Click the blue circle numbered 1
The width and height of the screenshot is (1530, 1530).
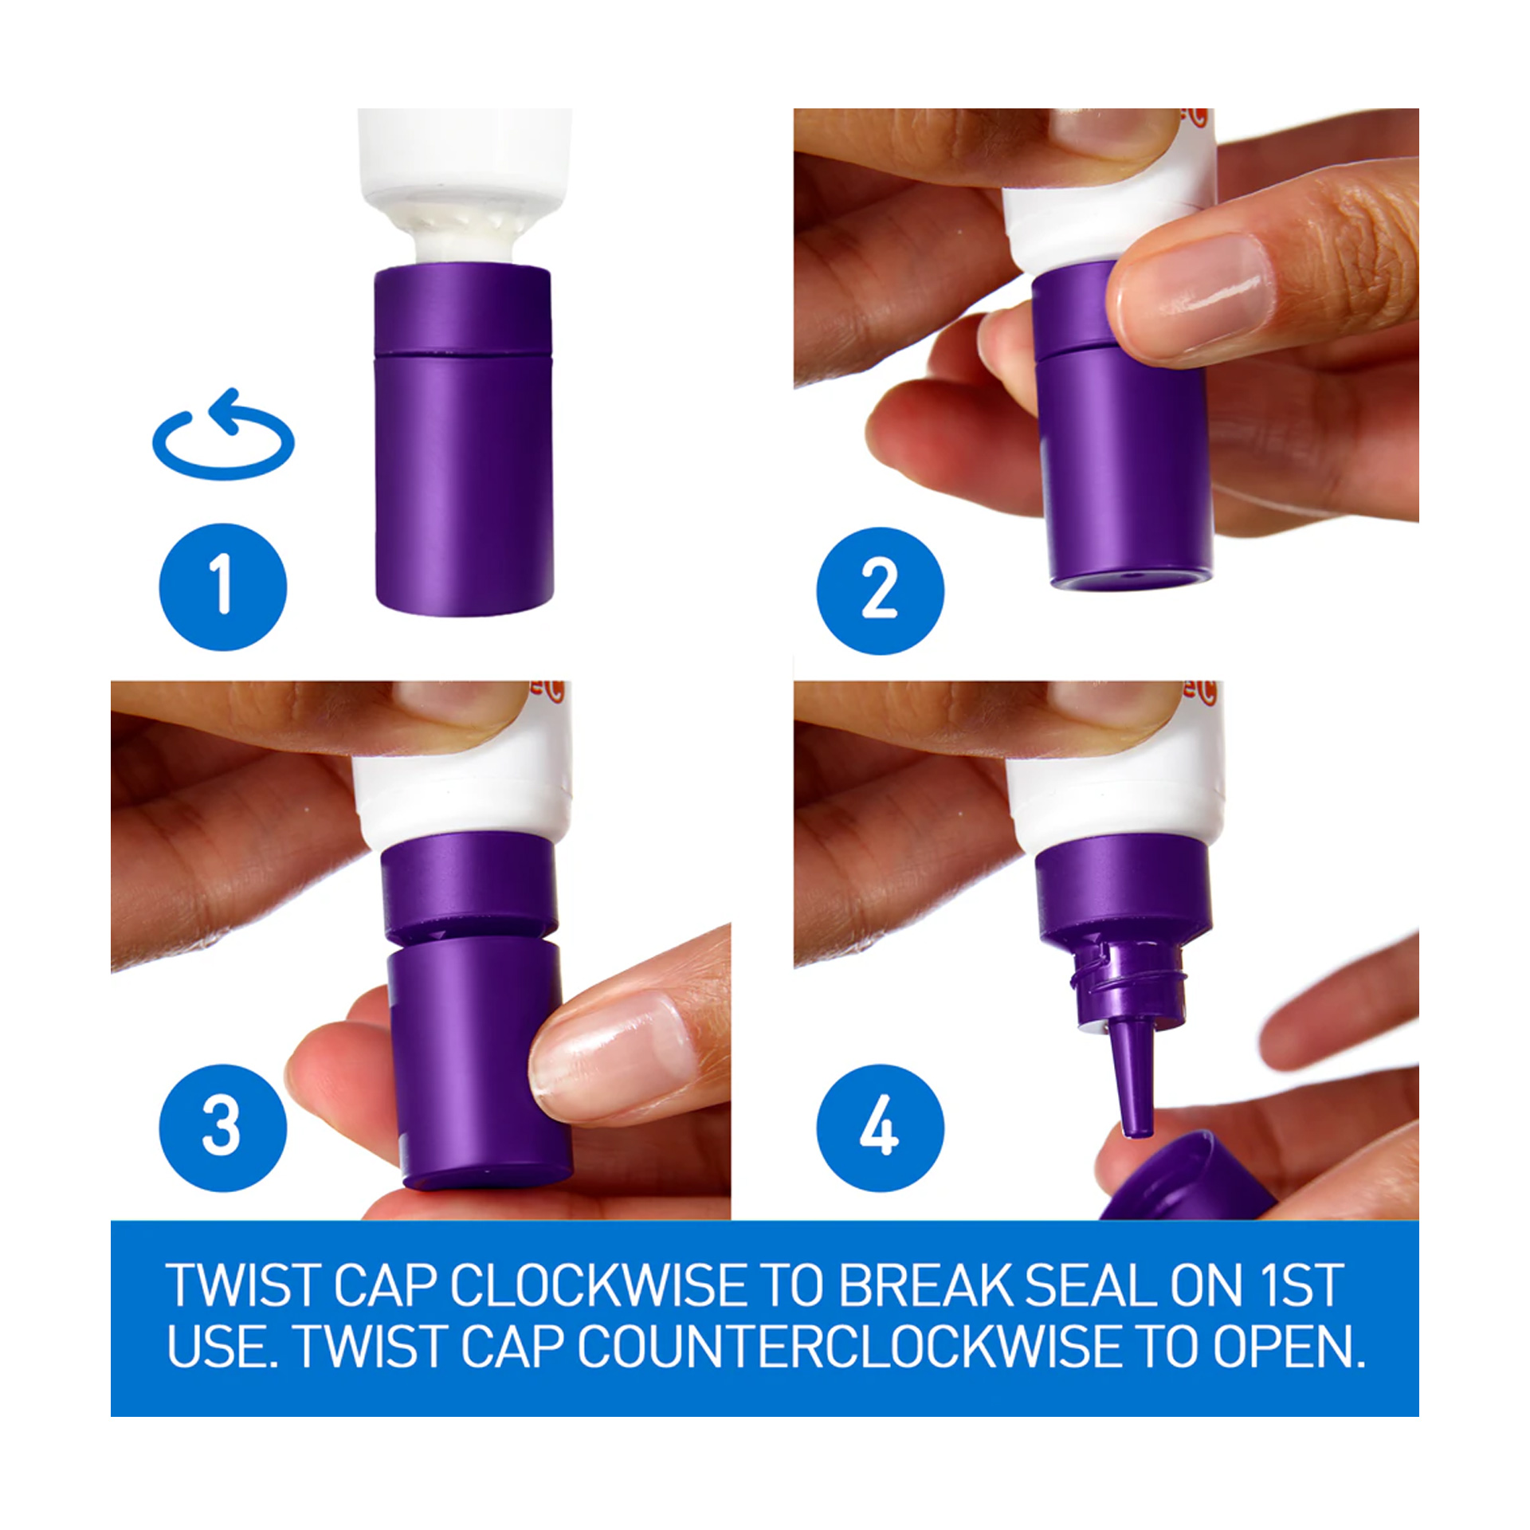223,586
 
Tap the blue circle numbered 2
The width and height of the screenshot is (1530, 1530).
880,590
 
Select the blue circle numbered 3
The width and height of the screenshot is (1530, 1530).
223,1128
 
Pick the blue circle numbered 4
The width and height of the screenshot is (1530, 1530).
880,1128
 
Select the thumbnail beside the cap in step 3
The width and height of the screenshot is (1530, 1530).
610,1049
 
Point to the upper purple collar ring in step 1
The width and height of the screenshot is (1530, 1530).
463,309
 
